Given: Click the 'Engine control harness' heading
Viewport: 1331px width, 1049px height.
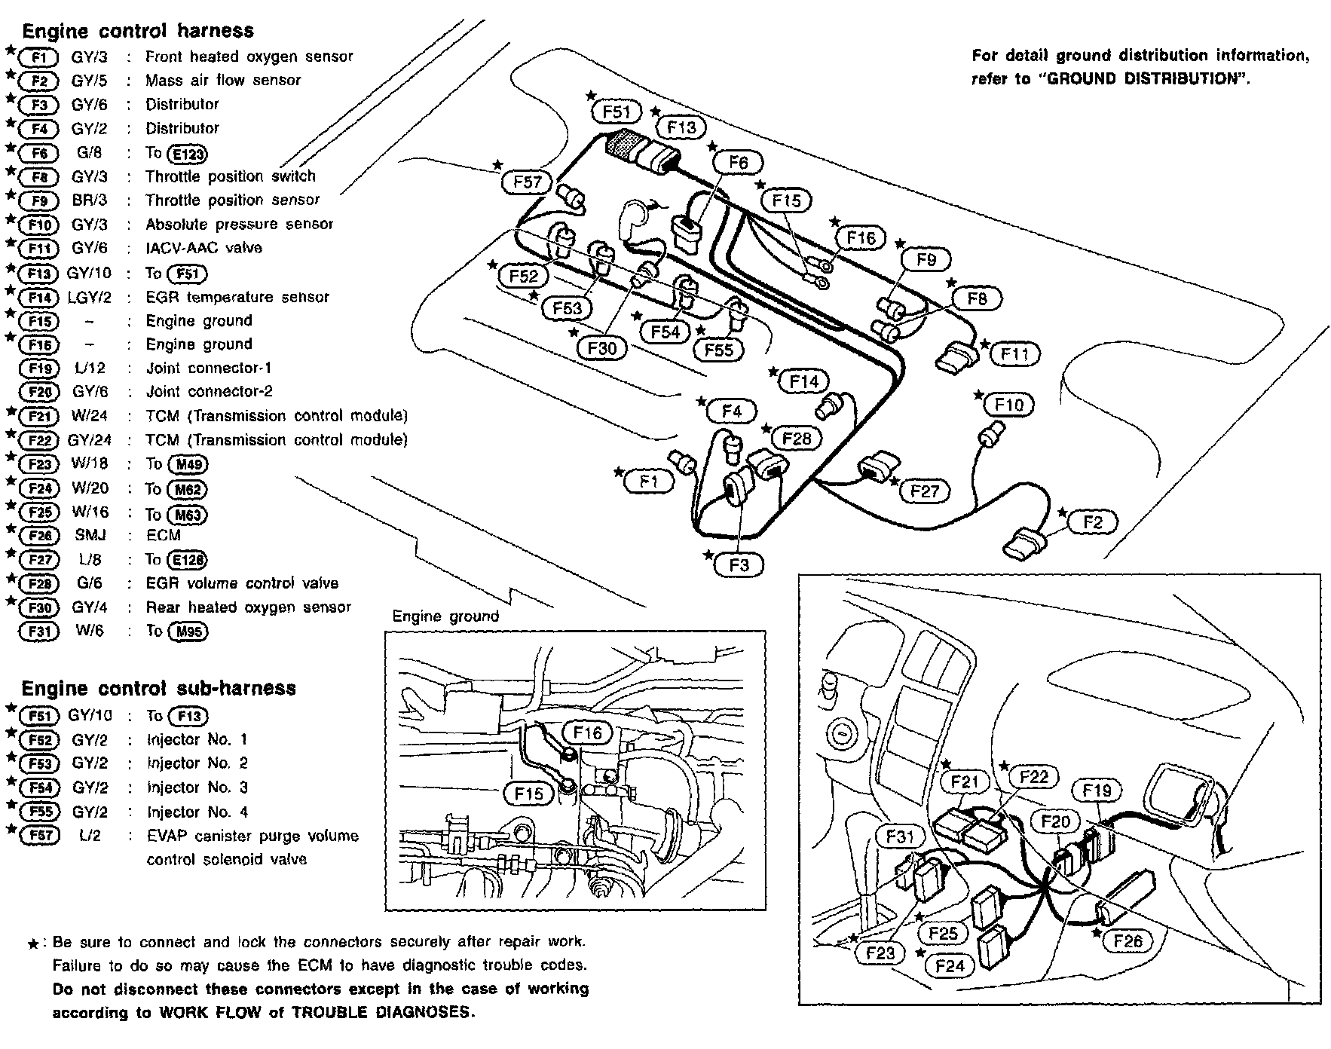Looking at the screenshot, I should pos(138,31).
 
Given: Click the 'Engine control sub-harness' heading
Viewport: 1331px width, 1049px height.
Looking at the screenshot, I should pos(158,688).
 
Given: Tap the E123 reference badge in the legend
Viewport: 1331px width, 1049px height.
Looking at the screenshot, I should pos(188,154).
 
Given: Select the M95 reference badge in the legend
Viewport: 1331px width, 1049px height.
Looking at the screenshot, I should pos(188,632).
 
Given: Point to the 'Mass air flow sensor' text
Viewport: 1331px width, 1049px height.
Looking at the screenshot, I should pos(223,80).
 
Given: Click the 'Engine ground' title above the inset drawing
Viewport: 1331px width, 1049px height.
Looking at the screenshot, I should pos(445,616).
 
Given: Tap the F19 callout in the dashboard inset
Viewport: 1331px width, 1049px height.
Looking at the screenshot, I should pos(1097,791).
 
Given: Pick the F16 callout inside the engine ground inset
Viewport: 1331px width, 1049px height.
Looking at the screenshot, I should pos(587,732).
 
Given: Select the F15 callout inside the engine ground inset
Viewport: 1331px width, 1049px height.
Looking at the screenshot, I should pos(528,793).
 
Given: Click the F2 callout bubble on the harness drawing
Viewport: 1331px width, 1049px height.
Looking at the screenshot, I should pos(1092,522).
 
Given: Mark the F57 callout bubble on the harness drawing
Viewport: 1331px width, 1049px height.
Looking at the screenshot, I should pos(528,182).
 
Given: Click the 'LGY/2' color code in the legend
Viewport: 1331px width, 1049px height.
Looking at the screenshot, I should pos(90,298).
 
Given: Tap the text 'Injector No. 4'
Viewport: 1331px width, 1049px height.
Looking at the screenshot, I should pos(197,812).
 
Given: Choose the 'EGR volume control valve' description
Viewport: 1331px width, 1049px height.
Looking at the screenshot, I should pos(242,583).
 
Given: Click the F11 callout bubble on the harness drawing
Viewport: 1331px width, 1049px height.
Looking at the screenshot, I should pos(1015,353).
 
